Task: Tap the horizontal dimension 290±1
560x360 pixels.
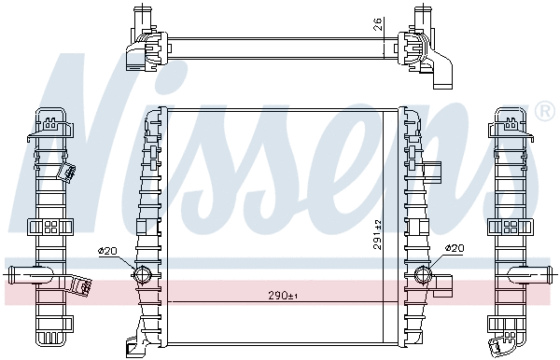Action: (x=278, y=297)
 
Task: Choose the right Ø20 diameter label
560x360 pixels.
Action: (x=455, y=248)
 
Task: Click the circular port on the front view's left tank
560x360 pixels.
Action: (x=142, y=274)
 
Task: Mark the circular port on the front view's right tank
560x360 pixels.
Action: (x=422, y=274)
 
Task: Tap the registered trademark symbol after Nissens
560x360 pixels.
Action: (x=545, y=113)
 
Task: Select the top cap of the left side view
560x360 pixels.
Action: (x=52, y=119)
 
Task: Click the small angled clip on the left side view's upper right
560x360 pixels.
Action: (x=69, y=172)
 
